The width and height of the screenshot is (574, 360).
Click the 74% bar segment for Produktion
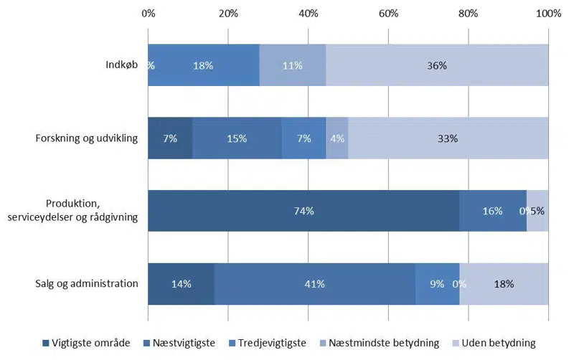pyautogui.click(x=304, y=211)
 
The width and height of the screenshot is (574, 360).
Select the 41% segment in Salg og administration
pyautogui.click(x=314, y=284)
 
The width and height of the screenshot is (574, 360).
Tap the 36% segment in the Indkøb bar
pyautogui.click(x=437, y=65)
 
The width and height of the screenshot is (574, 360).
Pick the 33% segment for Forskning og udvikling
pyautogui.click(x=448, y=138)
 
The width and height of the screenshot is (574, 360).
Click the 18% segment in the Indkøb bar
pyautogui.click(x=203, y=65)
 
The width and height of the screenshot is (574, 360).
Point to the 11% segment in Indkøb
pyautogui.click(x=292, y=65)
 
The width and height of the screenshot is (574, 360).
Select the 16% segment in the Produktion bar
pyautogui.click(x=492, y=211)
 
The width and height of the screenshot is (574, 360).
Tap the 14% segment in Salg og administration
pyautogui.click(x=181, y=284)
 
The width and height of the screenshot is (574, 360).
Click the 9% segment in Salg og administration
pyautogui.click(x=436, y=284)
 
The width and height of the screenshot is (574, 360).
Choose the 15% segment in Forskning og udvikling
pyautogui.click(x=237, y=138)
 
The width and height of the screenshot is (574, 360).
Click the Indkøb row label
pyautogui.click(x=121, y=66)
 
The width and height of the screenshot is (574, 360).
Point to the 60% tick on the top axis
pyautogui.click(x=388, y=13)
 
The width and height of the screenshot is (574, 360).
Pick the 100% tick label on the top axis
pyautogui.click(x=549, y=13)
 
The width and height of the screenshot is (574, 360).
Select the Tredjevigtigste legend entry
pyautogui.click(x=266, y=344)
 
